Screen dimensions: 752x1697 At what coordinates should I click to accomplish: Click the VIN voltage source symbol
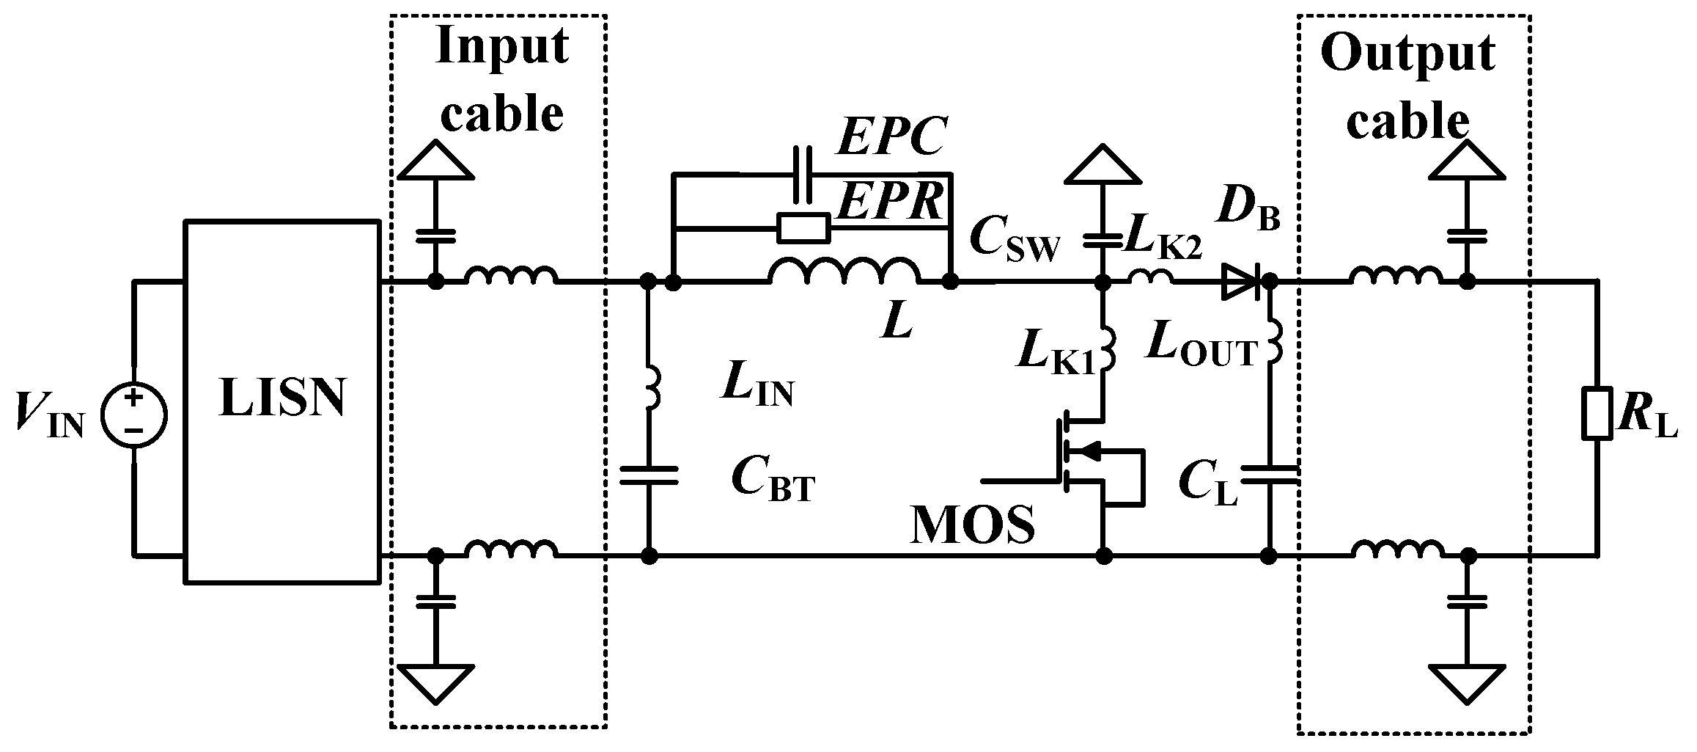tap(133, 417)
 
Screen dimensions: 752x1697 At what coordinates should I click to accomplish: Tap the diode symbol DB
tap(1240, 281)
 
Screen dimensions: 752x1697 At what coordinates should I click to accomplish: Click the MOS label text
tap(972, 523)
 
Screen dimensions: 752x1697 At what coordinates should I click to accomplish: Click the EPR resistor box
tap(803, 228)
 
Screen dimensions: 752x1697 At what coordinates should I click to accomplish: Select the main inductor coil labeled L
tap(843, 273)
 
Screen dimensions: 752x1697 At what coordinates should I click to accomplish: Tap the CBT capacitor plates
tap(649, 475)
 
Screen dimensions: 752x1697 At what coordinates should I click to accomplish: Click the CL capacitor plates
tap(1270, 475)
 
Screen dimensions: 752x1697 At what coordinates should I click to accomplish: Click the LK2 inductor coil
tap(1150, 277)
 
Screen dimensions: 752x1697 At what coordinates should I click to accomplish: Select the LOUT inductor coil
tap(1273, 340)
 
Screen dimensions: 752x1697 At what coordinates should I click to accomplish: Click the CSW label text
tap(1015, 240)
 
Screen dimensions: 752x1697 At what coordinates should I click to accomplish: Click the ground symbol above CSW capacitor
tap(1102, 166)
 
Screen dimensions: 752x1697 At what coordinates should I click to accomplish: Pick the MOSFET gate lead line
tap(1019, 481)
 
